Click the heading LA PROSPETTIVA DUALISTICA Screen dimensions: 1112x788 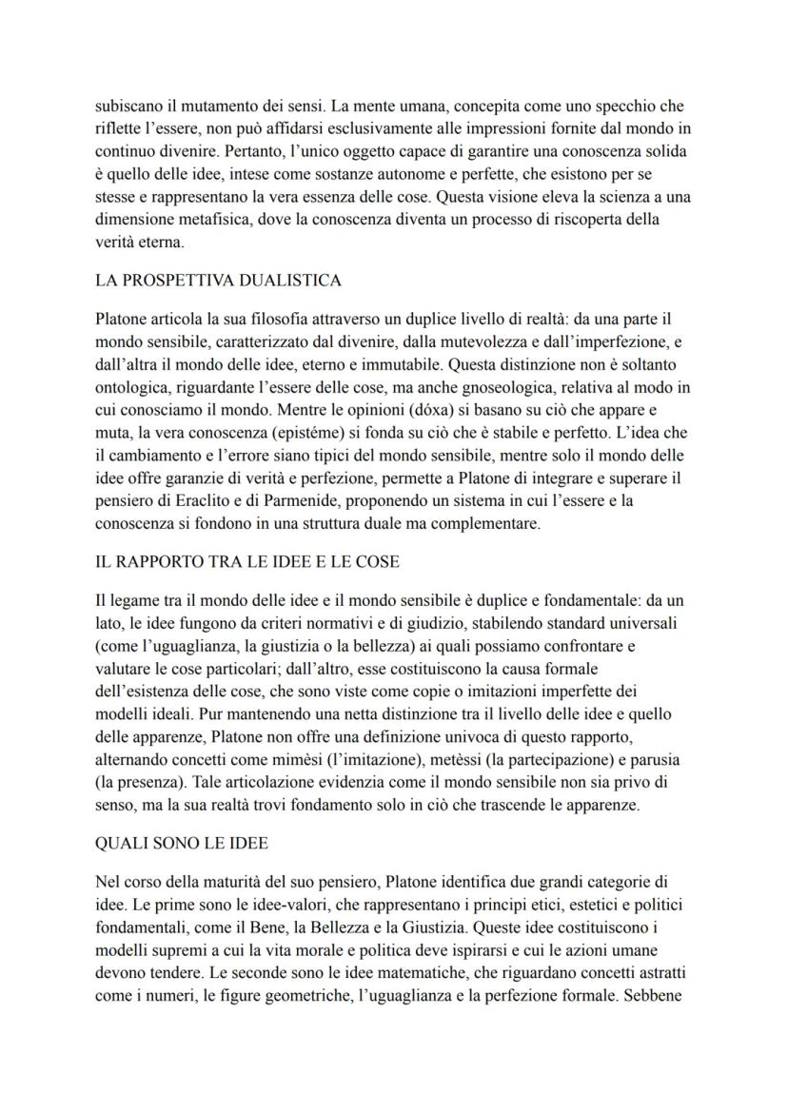coord(219,281)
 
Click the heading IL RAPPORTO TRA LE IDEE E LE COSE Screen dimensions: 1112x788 coord(247,562)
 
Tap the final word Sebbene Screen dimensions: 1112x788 coord(655,996)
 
